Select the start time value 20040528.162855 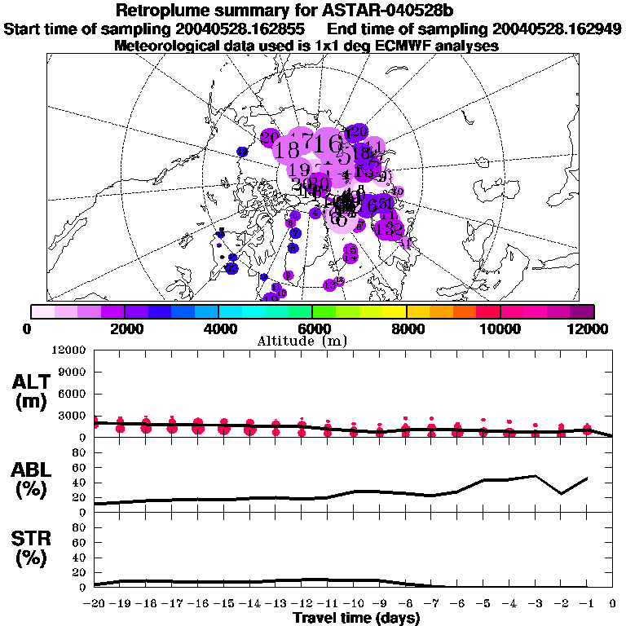tap(236, 29)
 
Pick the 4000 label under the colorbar tap(218, 328)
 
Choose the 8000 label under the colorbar tap(406, 328)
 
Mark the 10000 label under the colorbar tap(500, 328)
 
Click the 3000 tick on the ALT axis tap(72, 416)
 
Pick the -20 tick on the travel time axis tap(95, 603)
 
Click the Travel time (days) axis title tap(355, 619)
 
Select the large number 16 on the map tap(333, 144)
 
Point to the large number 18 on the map tap(288, 150)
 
